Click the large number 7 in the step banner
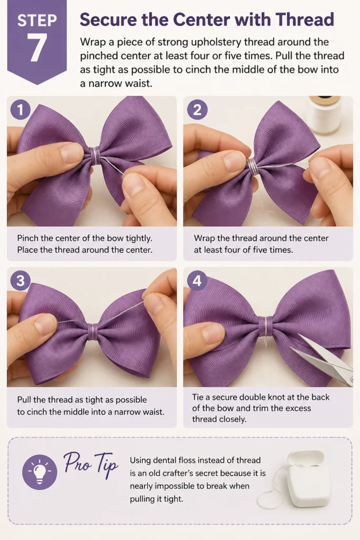point(37,48)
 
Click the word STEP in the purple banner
point(37,21)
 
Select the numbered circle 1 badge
point(21,110)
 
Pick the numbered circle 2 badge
point(197,110)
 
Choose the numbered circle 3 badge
point(21,281)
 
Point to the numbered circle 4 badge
point(197,281)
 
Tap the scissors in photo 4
point(322,358)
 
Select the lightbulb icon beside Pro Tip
point(40,472)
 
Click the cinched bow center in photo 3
point(92,331)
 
